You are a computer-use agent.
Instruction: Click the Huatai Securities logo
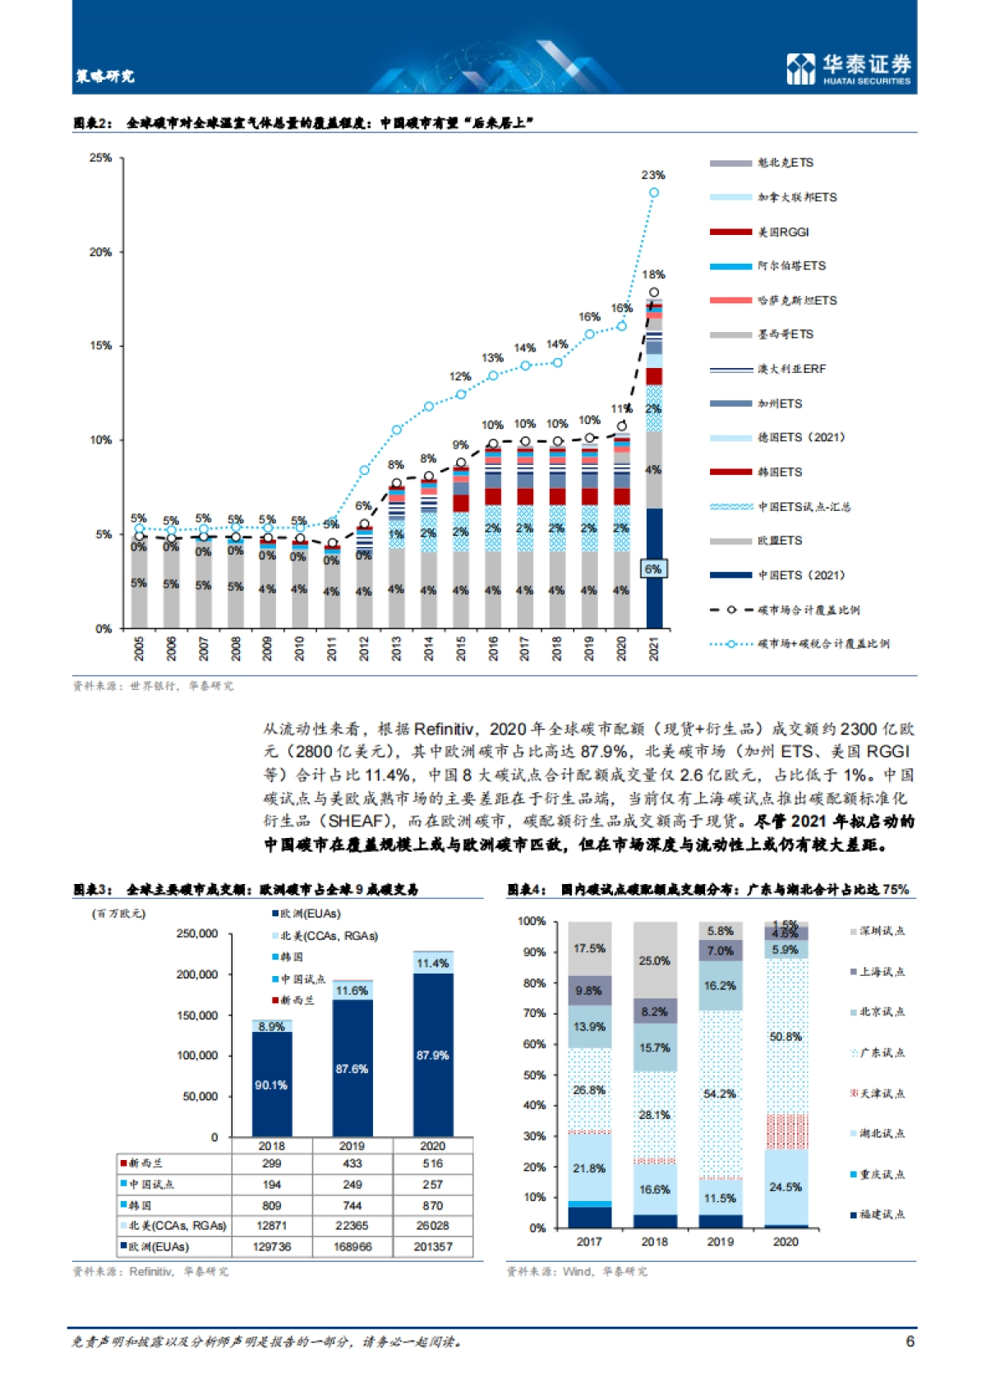pyautogui.click(x=849, y=69)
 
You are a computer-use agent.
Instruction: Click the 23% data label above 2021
pyautogui.click(x=653, y=175)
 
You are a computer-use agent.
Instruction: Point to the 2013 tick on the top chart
pyautogui.click(x=396, y=648)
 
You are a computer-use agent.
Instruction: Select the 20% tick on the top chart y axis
pyautogui.click(x=101, y=252)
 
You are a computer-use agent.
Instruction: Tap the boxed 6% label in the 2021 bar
pyautogui.click(x=653, y=569)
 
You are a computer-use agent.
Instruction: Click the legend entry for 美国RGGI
pyautogui.click(x=783, y=232)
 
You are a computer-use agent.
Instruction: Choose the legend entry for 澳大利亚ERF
pyautogui.click(x=791, y=369)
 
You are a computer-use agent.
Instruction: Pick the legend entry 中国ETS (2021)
pyautogui.click(x=800, y=575)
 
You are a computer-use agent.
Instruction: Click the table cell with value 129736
pyautogui.click(x=271, y=1246)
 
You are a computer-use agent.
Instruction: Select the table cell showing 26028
pyautogui.click(x=432, y=1225)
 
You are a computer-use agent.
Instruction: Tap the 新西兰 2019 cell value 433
pyautogui.click(x=352, y=1163)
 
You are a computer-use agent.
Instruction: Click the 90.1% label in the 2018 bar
pyautogui.click(x=271, y=1085)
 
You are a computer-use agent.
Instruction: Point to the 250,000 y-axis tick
pyautogui.click(x=197, y=933)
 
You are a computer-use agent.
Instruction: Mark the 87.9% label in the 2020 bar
pyautogui.click(x=432, y=1055)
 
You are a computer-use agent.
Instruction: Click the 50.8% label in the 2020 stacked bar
pyautogui.click(x=786, y=1037)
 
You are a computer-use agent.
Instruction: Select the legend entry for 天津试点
pyautogui.click(x=882, y=1093)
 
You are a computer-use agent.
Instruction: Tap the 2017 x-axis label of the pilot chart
pyautogui.click(x=589, y=1241)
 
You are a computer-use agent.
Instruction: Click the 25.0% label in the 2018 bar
pyautogui.click(x=655, y=960)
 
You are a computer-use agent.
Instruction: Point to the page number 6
pyautogui.click(x=910, y=1341)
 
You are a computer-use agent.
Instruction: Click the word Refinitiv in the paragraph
pyautogui.click(x=445, y=729)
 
